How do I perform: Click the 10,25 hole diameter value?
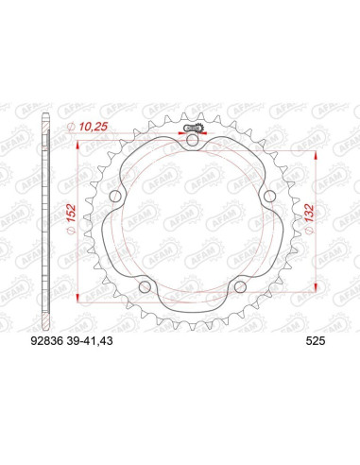click(x=92, y=126)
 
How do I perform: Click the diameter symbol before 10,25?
click(x=72, y=127)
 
